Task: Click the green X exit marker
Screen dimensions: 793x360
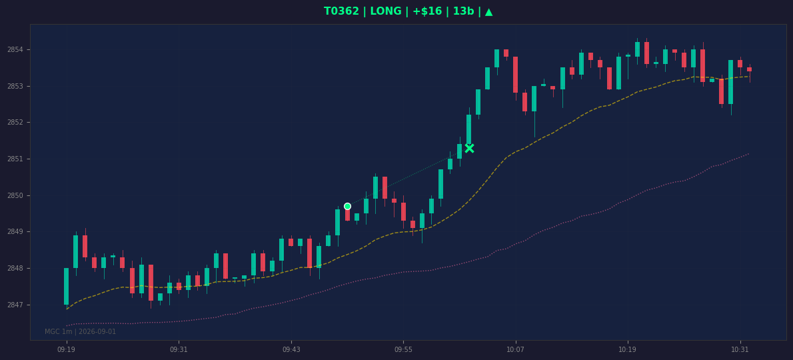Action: [x=469, y=148]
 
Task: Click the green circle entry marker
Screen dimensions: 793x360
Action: [x=347, y=206]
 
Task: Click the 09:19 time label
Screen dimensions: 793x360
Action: [x=66, y=349]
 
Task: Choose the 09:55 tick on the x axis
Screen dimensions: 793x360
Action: [x=403, y=349]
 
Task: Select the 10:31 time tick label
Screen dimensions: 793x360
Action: [x=740, y=349]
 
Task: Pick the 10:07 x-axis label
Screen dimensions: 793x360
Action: [x=515, y=349]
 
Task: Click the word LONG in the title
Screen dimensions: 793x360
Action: [x=387, y=11]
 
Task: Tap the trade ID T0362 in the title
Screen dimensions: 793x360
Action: [x=341, y=11]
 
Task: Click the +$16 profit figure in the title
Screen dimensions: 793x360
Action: [x=427, y=11]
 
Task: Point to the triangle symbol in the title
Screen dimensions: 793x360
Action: [x=488, y=11]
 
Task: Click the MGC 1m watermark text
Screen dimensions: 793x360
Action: [x=81, y=332]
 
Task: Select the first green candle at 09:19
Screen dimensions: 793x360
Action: [x=66, y=286]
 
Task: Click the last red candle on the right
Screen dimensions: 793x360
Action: [x=749, y=69]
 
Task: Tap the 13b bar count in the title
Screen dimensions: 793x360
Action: [x=460, y=11]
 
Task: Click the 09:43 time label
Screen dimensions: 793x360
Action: [x=291, y=349]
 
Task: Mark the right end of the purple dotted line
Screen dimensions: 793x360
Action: [x=749, y=154]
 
